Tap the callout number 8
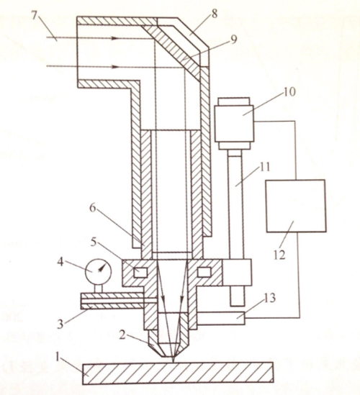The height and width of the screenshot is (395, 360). pyautogui.click(x=215, y=14)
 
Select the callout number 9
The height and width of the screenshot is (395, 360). pyautogui.click(x=233, y=39)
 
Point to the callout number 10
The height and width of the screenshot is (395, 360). pyautogui.click(x=289, y=91)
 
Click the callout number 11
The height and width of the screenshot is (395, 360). pyautogui.click(x=265, y=167)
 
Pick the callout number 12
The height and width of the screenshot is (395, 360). pyautogui.click(x=280, y=255)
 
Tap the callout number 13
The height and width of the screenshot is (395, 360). pyautogui.click(x=270, y=298)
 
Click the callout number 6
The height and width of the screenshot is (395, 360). pyautogui.click(x=93, y=208)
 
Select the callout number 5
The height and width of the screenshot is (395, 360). pyautogui.click(x=94, y=242)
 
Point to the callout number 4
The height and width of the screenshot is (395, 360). pyautogui.click(x=60, y=262)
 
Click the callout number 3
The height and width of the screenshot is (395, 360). pyautogui.click(x=60, y=324)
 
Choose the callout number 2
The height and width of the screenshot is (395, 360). pyautogui.click(x=122, y=335)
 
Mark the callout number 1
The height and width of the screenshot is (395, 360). pyautogui.click(x=58, y=357)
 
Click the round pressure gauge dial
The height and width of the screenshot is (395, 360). pyautogui.click(x=99, y=271)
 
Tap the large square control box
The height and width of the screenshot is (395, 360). pyautogui.click(x=296, y=206)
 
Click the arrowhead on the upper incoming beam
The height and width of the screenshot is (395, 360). pyautogui.click(x=114, y=38)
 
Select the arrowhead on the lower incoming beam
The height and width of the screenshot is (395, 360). pyautogui.click(x=114, y=67)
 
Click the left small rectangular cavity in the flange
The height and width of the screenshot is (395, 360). pyautogui.click(x=140, y=273)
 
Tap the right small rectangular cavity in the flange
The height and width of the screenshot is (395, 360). pyautogui.click(x=204, y=272)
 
